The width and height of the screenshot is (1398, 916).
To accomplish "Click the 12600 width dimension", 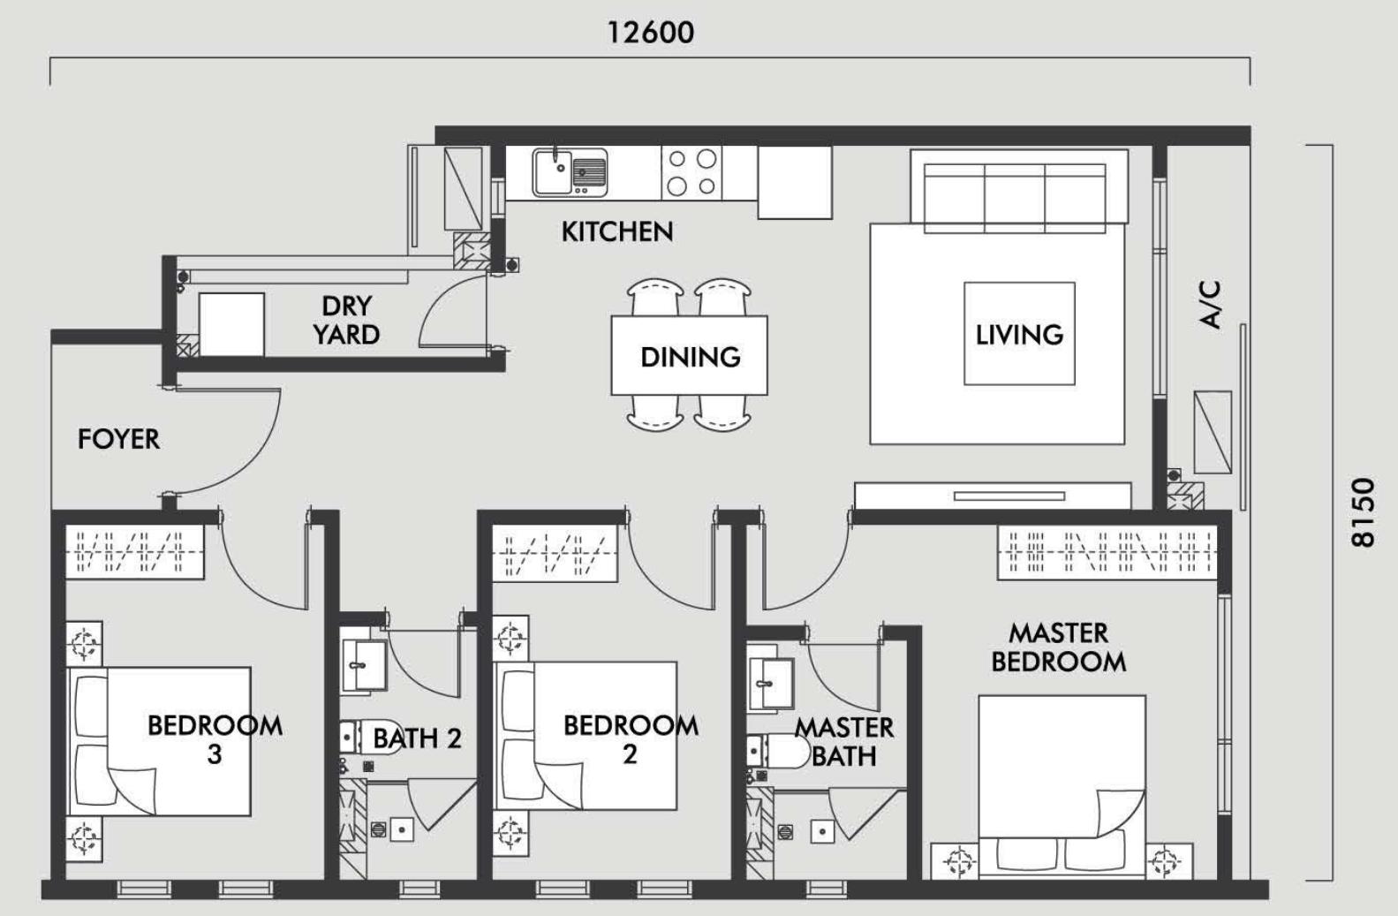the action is point(650,33).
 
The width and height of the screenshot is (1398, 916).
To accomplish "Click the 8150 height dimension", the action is point(1363,512).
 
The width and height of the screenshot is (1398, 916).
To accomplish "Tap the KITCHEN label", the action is point(617,231).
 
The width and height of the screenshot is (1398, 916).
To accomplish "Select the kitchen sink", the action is point(570,172).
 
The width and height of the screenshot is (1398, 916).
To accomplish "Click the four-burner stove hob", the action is point(691,173).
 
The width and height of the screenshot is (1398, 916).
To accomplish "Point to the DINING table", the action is point(690,355).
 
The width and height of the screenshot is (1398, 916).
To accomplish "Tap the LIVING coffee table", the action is point(1019,333).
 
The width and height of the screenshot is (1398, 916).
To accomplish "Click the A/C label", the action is point(1210,305).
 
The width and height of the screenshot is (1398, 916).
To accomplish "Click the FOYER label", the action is point(118,439).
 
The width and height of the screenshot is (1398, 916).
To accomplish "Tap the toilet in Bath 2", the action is point(369,738).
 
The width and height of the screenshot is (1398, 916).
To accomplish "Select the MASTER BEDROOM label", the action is point(1059,647).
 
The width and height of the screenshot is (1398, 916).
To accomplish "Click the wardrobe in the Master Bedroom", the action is point(1107,553).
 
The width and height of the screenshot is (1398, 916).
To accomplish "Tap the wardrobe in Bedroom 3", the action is point(135,551).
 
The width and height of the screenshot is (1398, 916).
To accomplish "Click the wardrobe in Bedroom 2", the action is point(555,553).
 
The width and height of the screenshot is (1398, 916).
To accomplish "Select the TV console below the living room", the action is point(993,496).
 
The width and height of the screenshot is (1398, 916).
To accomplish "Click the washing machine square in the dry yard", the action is point(231,325).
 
